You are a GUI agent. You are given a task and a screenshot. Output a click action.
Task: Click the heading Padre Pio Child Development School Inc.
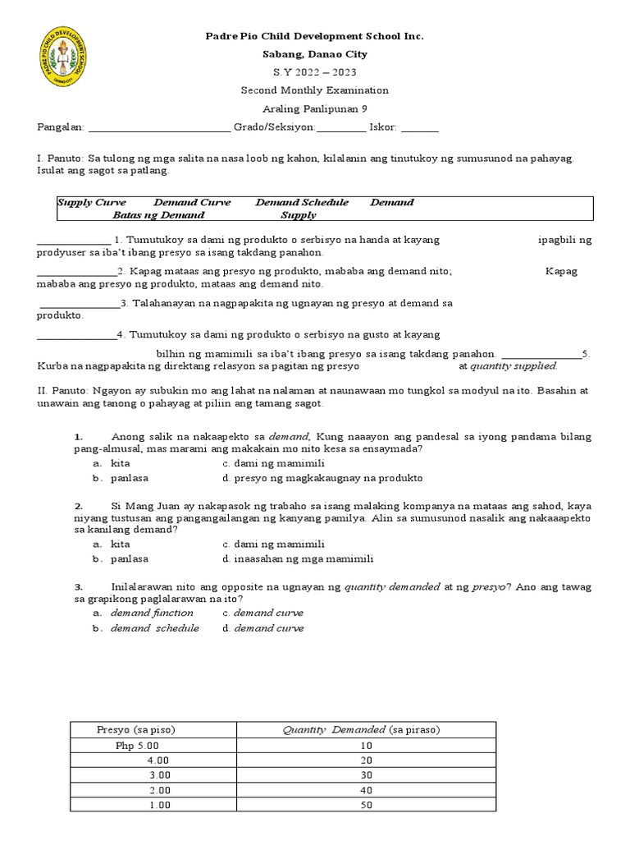click(x=314, y=37)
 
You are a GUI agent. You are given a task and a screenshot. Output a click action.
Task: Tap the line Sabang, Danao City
click(x=314, y=54)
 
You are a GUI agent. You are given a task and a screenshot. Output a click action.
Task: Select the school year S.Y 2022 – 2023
click(x=314, y=72)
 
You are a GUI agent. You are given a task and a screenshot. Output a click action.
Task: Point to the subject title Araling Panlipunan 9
click(x=314, y=108)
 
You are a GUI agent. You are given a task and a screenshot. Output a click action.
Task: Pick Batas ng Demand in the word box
click(x=159, y=215)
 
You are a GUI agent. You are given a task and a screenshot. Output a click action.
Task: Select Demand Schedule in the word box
click(x=302, y=202)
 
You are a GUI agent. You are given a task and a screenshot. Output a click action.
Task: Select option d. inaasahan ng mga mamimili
click(x=297, y=558)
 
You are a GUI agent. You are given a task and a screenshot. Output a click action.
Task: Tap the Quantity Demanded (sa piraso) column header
click(x=366, y=729)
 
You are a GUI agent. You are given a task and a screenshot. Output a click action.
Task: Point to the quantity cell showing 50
click(x=366, y=805)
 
